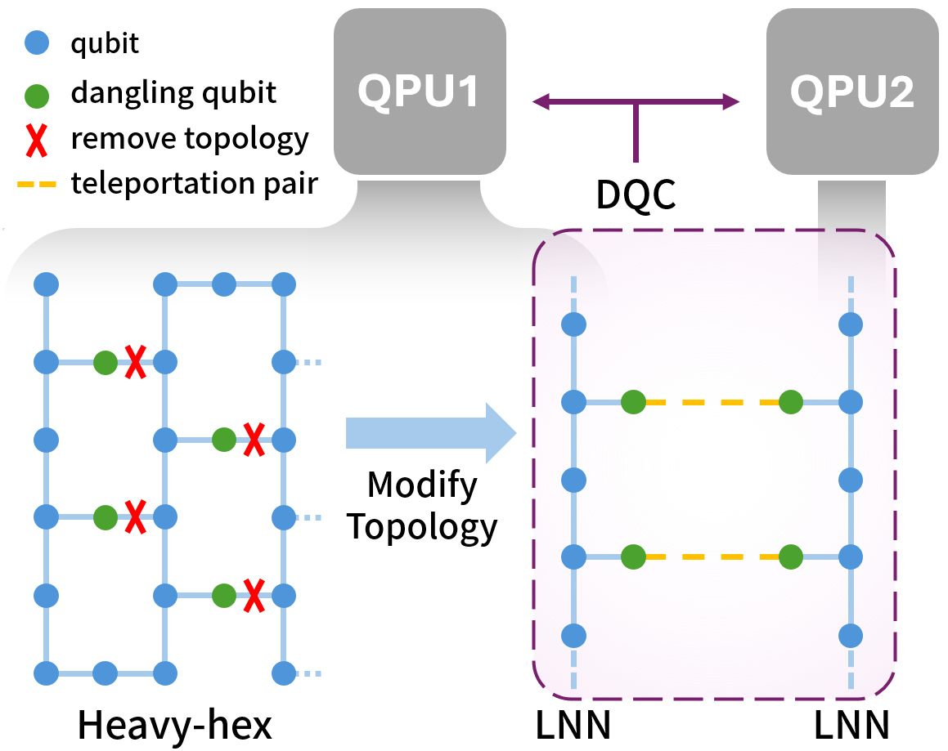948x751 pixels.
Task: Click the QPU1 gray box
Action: (x=418, y=91)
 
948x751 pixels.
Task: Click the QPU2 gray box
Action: (x=851, y=91)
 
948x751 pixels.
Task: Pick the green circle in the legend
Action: (x=38, y=93)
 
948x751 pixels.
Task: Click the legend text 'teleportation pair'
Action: (x=194, y=184)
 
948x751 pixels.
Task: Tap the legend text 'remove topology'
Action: (x=190, y=139)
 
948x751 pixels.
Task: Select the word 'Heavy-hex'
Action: (x=174, y=724)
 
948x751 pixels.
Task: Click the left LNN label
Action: (x=573, y=724)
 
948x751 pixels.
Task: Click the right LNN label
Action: (x=851, y=724)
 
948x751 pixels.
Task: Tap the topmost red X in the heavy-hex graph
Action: (x=135, y=361)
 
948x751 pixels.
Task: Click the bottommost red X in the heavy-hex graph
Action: (x=254, y=596)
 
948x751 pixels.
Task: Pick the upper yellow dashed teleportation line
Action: (x=712, y=402)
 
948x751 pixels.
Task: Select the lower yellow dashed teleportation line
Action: (x=712, y=557)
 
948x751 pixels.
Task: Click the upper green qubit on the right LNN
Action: (x=790, y=402)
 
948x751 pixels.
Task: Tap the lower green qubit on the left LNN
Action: (x=633, y=557)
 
